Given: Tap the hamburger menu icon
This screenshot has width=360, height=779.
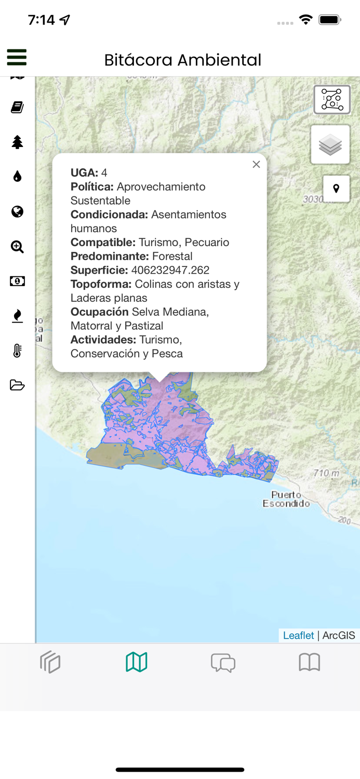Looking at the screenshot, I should point(17,57).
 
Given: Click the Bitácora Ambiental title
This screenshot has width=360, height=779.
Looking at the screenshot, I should point(182,60).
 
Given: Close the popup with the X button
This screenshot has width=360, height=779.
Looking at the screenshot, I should point(256,165).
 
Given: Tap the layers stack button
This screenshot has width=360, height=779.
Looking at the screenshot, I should point(330,145).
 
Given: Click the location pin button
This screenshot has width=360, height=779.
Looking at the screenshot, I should point(336,189).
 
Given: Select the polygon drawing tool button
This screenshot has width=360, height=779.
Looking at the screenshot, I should point(332,100).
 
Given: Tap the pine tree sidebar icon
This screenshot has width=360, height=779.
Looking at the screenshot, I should point(17,142).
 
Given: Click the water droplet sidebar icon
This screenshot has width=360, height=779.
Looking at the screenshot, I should point(17,177).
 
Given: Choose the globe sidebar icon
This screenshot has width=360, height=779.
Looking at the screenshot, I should point(17,211).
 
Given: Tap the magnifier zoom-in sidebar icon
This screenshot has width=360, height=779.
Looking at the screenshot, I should point(17,247).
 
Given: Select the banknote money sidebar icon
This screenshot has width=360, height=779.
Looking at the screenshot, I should point(17,281).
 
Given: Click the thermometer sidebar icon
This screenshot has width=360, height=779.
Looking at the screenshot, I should point(17,351).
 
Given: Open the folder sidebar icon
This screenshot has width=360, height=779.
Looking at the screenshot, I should point(17,385).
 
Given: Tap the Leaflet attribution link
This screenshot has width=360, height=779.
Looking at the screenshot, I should point(298,636).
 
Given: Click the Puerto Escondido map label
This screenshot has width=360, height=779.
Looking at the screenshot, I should point(286,499).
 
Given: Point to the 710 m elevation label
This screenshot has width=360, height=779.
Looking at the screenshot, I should point(326,473).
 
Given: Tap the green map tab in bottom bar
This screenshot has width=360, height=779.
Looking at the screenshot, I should point(137,662).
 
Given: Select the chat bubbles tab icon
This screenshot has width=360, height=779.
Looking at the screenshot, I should point(223,663).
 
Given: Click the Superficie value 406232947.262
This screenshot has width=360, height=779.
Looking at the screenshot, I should point(170,270).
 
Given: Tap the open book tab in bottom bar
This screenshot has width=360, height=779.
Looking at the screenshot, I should point(309,662).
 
